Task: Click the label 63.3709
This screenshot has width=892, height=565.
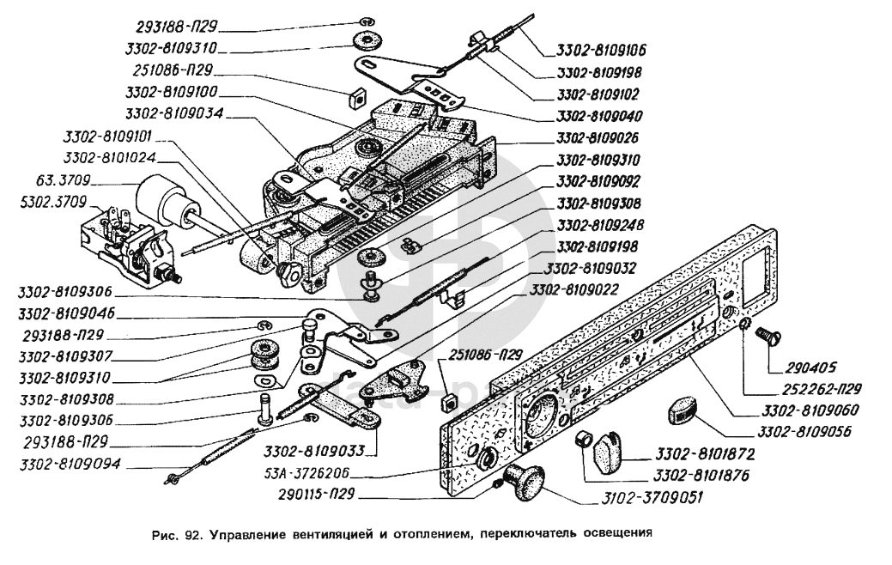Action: coord(72,182)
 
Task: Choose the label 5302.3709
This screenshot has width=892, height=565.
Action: coord(57,204)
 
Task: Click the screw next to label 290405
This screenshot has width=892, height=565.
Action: coord(767,338)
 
